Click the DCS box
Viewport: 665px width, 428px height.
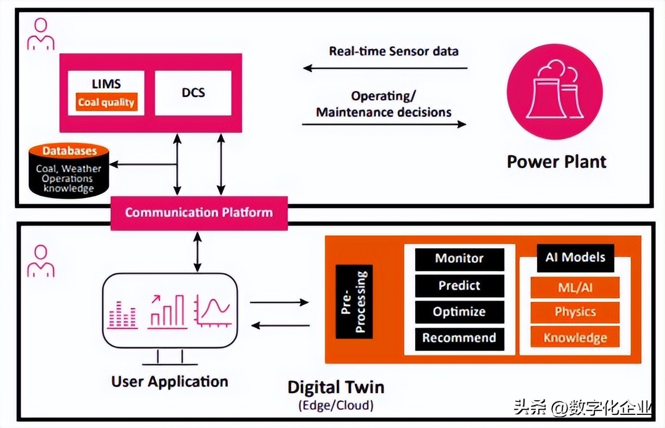click(193, 93)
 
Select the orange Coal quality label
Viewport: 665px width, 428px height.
click(106, 102)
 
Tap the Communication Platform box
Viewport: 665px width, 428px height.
click(199, 212)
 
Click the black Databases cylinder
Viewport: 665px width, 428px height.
click(69, 171)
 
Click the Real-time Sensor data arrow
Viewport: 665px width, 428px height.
click(385, 68)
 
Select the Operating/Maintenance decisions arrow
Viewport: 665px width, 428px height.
click(384, 124)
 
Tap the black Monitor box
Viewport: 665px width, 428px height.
click(459, 259)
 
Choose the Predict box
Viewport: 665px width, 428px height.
click(459, 285)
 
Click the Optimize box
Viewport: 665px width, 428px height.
click(459, 311)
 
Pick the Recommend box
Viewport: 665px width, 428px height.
click(459, 338)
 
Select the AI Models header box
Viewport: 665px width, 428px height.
click(575, 258)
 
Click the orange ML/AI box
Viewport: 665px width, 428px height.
click(575, 287)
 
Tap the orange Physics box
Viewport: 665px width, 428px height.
click(575, 312)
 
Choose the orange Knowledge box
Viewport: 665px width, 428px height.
click(575, 338)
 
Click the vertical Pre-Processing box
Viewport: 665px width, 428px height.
click(354, 301)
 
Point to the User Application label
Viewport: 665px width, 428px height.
click(170, 381)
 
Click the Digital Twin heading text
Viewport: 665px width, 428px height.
click(336, 387)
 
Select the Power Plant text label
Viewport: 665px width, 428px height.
click(556, 162)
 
